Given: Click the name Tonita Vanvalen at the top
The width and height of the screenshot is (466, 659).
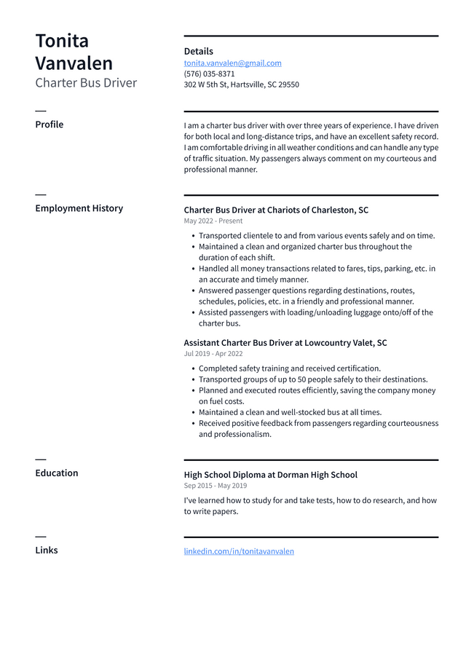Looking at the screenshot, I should (74, 52).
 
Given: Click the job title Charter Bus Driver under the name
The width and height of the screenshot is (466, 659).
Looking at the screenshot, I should (86, 83).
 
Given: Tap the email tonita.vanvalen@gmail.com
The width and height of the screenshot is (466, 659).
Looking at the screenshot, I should (232, 63).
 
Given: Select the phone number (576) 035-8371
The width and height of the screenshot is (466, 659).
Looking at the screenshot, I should (209, 74).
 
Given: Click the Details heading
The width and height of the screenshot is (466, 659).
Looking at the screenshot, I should (198, 52).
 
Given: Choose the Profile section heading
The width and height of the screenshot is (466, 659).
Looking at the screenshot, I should (49, 125).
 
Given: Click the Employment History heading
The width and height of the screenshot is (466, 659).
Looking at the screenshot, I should (79, 208).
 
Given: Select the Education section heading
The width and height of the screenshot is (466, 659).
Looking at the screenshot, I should (56, 473).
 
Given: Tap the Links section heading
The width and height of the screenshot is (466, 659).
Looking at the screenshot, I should (47, 551).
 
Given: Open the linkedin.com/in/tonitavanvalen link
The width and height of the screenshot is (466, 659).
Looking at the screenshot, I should (239, 551).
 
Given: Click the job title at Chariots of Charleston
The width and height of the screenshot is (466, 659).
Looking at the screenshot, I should (276, 210).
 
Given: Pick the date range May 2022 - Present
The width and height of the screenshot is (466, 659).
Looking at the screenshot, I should (213, 221).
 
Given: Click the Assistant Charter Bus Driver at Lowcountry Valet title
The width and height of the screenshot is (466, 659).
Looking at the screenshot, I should (285, 343).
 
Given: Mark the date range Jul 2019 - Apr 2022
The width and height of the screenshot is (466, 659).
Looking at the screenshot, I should (213, 354).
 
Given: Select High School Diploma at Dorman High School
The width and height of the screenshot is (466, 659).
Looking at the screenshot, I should (270, 475).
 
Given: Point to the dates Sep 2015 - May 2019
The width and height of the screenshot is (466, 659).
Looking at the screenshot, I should (215, 486).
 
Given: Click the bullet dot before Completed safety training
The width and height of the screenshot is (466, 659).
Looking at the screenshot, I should (192, 369).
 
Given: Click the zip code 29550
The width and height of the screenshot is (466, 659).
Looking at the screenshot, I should (288, 84).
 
